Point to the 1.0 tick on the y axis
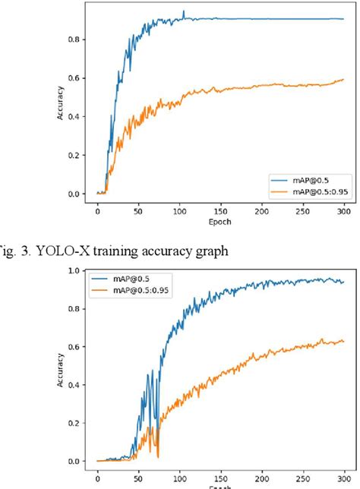(x=76, y=270)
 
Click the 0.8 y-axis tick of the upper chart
(x=76, y=39)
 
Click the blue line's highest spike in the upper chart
(x=183, y=11)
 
